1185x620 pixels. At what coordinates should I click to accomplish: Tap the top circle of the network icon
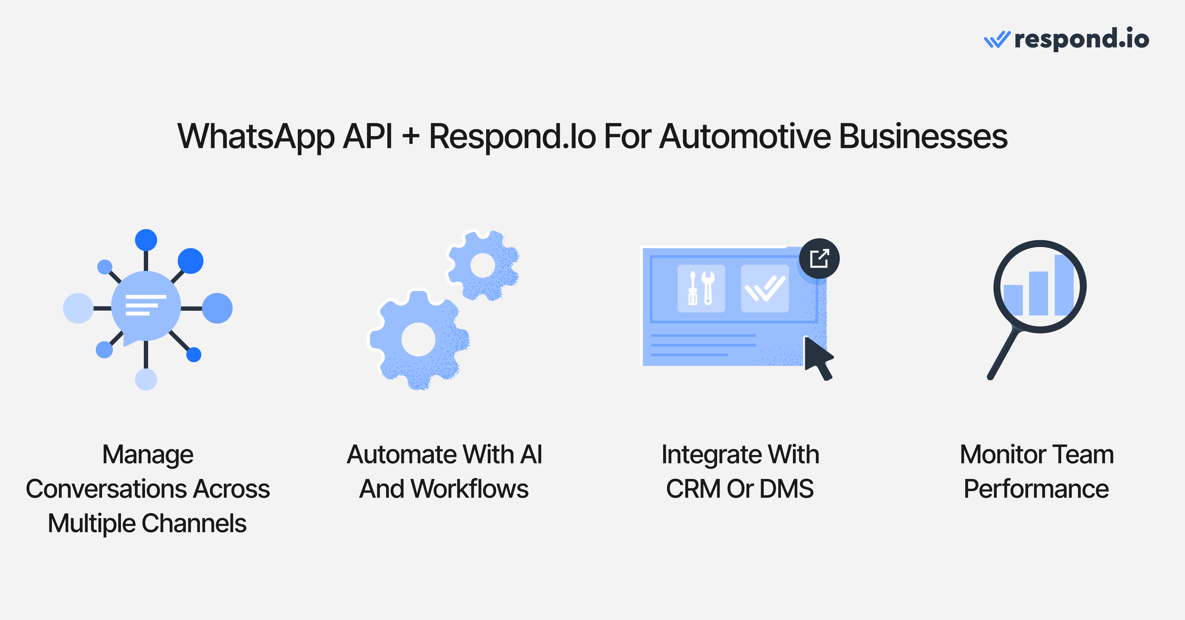click(146, 240)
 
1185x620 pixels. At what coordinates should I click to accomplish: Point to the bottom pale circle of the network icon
click(146, 380)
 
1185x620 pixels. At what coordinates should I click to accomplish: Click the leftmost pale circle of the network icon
click(78, 308)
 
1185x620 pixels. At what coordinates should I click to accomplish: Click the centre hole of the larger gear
click(418, 339)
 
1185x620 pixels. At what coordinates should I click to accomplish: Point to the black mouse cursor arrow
click(818, 359)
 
